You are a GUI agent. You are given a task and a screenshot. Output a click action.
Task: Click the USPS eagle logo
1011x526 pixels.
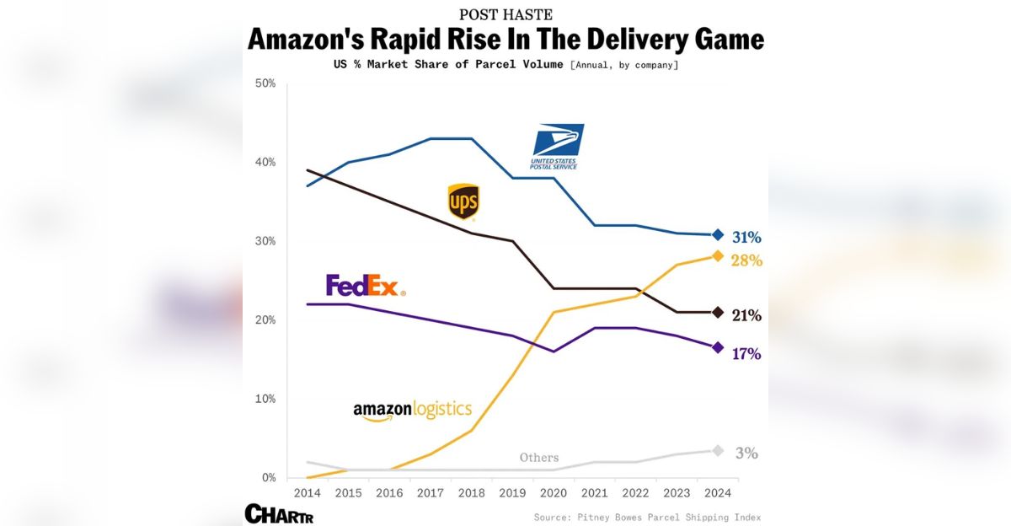(x=556, y=146)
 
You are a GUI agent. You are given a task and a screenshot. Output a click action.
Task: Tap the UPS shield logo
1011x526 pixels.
(x=463, y=202)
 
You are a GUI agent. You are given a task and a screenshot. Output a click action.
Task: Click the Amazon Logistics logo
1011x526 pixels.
(x=412, y=411)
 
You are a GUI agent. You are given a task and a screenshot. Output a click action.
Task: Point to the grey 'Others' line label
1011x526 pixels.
(x=539, y=458)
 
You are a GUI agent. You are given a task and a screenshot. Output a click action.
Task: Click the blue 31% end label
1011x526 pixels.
(x=746, y=237)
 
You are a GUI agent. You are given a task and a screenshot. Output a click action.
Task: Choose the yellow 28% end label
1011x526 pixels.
(x=746, y=260)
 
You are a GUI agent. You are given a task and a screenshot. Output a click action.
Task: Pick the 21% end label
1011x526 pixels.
(x=746, y=315)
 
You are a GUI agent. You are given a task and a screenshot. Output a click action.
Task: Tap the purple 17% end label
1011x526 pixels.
(x=746, y=354)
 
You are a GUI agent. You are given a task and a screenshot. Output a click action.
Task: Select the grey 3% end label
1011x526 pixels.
(x=746, y=454)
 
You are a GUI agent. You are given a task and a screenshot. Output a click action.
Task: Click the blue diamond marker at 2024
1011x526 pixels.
(x=718, y=234)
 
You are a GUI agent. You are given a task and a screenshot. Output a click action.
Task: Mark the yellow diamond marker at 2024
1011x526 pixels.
(x=718, y=255)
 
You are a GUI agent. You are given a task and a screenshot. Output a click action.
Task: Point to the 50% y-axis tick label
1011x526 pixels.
(x=265, y=83)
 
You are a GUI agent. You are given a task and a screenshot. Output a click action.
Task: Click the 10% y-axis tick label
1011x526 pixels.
(x=265, y=399)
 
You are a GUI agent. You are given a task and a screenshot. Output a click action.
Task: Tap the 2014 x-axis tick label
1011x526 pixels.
(x=307, y=492)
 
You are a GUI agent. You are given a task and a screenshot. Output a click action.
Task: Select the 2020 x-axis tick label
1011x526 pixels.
(x=554, y=492)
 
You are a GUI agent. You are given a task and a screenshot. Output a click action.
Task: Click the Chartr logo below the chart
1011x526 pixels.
(x=279, y=513)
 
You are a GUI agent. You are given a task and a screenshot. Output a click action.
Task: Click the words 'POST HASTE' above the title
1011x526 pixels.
(x=505, y=14)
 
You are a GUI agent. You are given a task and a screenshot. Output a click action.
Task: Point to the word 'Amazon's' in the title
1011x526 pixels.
(x=314, y=40)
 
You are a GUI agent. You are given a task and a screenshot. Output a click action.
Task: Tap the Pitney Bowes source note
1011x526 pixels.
(x=647, y=517)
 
